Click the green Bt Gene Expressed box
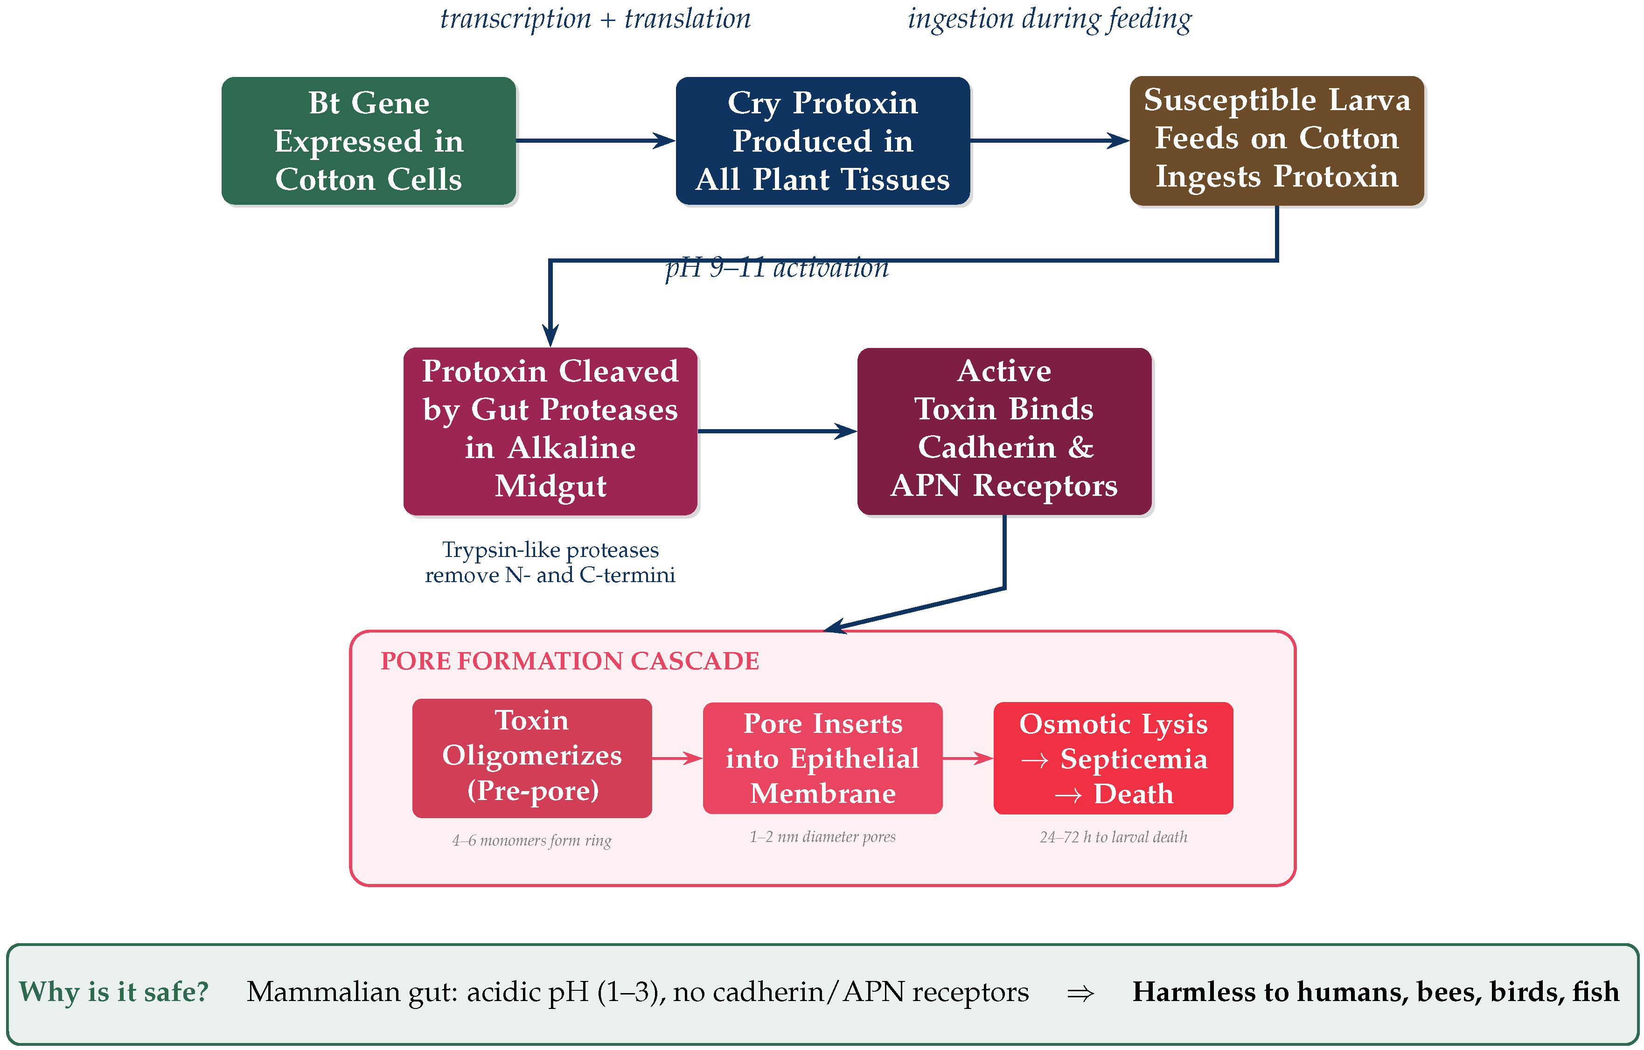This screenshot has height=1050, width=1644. [x=369, y=140]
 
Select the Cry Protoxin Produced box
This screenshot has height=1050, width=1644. [x=822, y=140]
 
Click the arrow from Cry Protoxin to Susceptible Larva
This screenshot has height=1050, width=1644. [x=1049, y=140]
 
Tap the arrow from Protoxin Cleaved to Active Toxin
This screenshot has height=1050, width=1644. [x=777, y=431]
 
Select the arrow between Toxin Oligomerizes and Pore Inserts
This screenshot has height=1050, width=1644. [x=676, y=758]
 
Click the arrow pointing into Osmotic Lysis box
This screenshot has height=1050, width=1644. [x=968, y=758]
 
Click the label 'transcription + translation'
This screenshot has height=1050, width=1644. [x=595, y=19]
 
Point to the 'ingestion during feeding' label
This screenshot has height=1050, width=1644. [x=1049, y=19]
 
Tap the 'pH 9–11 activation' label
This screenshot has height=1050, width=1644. [x=777, y=268]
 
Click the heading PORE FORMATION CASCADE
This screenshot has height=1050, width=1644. [x=570, y=661]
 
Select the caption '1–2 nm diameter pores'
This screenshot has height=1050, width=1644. [x=822, y=836]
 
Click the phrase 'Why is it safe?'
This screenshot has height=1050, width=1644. [x=113, y=991]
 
